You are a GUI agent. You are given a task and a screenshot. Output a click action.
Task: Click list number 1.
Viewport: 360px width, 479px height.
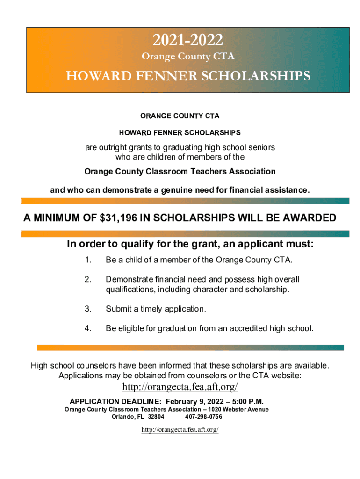pos(87,260)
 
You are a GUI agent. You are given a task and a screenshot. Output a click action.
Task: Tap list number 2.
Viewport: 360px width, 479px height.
pos(87,280)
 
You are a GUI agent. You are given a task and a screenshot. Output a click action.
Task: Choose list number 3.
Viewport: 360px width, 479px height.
pos(87,309)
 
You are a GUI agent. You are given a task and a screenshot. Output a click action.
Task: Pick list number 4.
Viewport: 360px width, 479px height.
pos(87,329)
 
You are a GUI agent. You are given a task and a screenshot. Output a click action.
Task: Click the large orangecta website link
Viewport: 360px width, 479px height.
pos(180,387)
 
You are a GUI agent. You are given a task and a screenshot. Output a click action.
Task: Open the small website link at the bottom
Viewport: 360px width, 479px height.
pos(180,429)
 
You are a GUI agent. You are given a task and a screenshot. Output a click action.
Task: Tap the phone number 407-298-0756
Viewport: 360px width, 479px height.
pos(203,417)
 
